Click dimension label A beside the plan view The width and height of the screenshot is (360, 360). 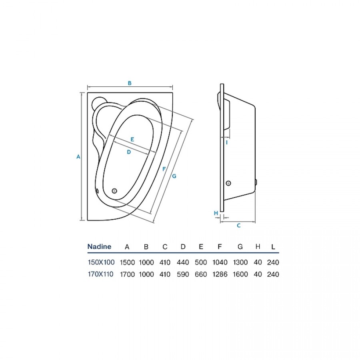coord(78,157)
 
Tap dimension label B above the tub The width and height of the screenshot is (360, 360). coord(130,83)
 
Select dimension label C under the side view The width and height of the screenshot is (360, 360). coord(239,226)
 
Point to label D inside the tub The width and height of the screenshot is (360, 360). coord(129,152)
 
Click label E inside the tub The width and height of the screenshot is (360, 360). coord(132,139)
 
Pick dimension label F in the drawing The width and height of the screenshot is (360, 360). coord(164,169)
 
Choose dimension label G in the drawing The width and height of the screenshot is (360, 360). coord(174,176)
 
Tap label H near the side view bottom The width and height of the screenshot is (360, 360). coord(216,213)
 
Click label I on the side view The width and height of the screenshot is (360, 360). coord(227,142)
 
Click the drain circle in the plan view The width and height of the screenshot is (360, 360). coord(114,191)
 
